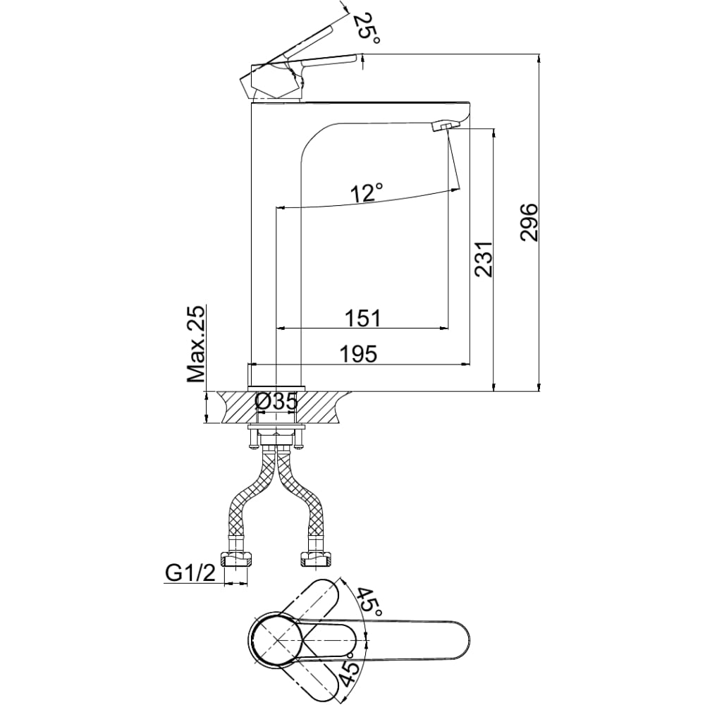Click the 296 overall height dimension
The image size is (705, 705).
point(529,223)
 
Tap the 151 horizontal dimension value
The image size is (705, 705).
point(362,319)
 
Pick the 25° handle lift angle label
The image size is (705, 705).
point(367,28)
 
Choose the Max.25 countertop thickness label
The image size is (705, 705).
point(196,344)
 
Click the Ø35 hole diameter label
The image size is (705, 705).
point(276,402)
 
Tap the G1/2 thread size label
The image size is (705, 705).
point(190,573)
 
